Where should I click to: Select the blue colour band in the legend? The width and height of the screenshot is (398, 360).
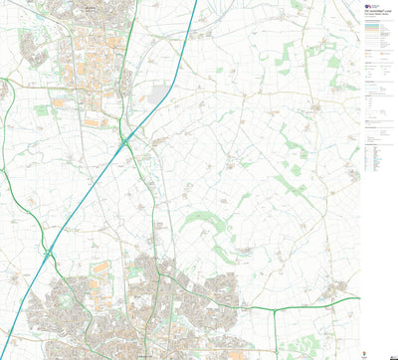pyautogui.click(x=375, y=23)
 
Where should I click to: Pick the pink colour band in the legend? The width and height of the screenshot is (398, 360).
pyautogui.click(x=375, y=29)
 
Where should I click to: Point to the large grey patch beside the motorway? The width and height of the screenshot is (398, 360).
pyautogui.click(x=158, y=95)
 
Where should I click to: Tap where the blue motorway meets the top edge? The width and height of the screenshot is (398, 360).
pyautogui.click(x=194, y=2)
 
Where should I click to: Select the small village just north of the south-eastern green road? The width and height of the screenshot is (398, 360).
pyautogui.click(x=343, y=288)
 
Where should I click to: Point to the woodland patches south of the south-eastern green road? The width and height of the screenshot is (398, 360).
pyautogui.click(x=298, y=333)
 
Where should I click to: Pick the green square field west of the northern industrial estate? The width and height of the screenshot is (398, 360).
pyautogui.click(x=41, y=110)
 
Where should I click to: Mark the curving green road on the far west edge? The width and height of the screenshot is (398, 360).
pyautogui.click(x=4, y=149)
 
